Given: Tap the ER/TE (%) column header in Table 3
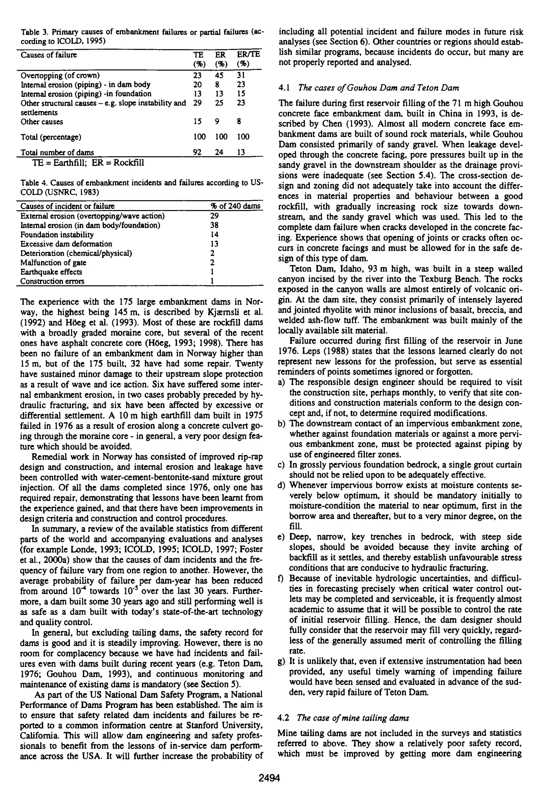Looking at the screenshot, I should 248,59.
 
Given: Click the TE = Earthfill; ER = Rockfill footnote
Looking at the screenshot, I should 88,163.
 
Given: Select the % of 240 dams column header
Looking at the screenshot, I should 235,206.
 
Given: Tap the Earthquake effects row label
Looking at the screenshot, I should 51,272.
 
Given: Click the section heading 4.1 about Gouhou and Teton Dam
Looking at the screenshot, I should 368,88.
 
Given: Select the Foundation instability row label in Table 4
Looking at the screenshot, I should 57,235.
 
